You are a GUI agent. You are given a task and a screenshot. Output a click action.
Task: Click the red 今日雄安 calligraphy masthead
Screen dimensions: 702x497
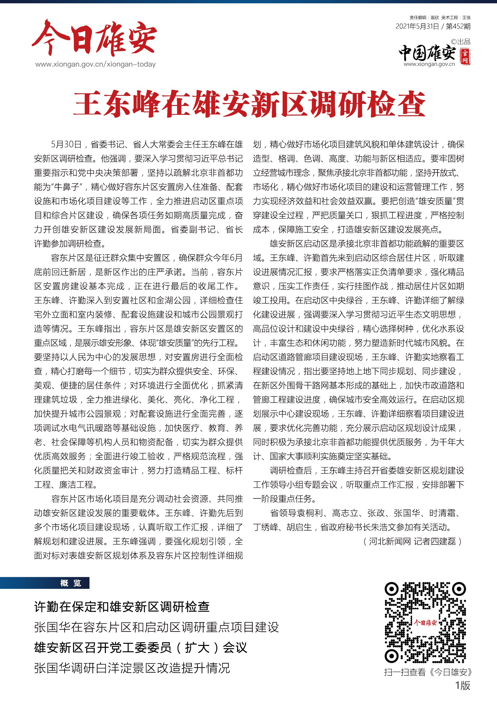tap(94, 38)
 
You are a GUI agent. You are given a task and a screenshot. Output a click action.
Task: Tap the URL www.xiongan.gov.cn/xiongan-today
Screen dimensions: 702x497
tap(96, 64)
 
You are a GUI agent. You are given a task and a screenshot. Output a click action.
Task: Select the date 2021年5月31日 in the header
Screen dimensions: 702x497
tap(417, 26)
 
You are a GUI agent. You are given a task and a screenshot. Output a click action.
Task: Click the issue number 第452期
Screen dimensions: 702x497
tap(458, 26)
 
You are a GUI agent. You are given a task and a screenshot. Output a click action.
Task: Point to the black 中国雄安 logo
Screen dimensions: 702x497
tap(427, 53)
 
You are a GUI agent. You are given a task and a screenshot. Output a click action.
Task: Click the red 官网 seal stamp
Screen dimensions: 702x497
tap(465, 56)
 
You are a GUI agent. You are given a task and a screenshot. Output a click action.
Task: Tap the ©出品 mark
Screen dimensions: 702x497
tap(461, 42)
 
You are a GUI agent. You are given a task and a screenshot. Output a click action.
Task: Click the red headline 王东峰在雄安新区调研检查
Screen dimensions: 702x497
tap(249, 104)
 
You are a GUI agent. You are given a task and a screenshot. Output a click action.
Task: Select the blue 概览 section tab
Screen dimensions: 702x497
tap(71, 583)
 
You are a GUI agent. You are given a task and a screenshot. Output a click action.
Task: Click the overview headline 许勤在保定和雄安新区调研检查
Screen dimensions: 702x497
tap(122, 607)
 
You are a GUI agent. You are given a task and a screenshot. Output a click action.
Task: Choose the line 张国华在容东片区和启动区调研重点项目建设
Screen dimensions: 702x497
tap(156, 627)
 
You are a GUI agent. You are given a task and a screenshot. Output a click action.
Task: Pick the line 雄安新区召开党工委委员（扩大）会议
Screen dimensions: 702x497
tap(140, 648)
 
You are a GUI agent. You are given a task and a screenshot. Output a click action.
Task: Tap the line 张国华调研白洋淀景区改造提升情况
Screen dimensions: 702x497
tap(132, 668)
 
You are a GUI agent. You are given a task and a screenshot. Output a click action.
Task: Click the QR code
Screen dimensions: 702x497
tap(425, 622)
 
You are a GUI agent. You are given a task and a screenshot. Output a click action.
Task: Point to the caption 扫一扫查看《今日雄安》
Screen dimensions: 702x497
tap(428, 672)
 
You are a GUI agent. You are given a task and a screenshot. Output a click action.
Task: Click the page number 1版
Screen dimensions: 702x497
tap(462, 685)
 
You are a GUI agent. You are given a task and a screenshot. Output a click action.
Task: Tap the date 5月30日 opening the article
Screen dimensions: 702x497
tap(66, 144)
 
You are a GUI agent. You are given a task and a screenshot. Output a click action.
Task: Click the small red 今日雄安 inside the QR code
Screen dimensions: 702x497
tap(425, 622)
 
